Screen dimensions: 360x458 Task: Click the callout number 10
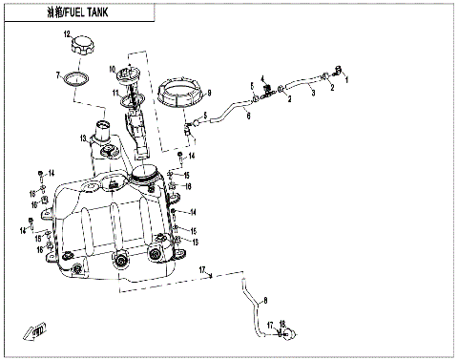pos(112,69)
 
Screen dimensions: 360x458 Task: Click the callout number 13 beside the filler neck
pos(84,138)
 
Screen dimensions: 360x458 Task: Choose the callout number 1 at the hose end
pos(347,80)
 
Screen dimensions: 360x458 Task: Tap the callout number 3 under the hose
pos(288,97)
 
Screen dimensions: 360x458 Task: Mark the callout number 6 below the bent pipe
pos(248,115)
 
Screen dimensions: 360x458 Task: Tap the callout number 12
pos(68,34)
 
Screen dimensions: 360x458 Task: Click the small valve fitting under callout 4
pos(268,91)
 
